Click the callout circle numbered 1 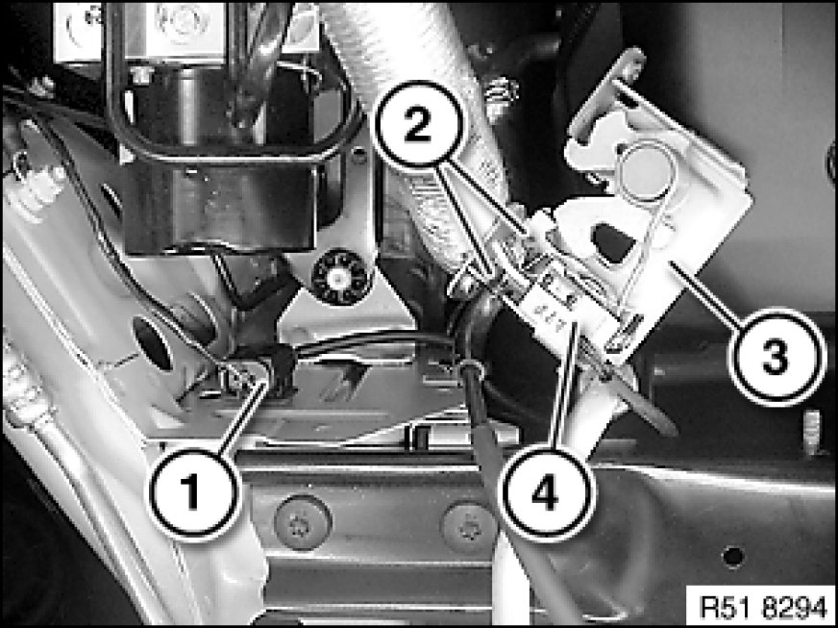(194, 492)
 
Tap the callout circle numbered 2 (417, 127)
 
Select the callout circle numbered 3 (774, 356)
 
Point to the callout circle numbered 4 (545, 492)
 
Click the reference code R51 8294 (762, 606)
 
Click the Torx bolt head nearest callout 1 (303, 521)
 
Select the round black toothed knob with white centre (338, 278)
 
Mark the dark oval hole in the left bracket (152, 343)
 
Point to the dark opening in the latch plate (615, 243)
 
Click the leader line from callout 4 (564, 384)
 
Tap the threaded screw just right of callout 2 (501, 96)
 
